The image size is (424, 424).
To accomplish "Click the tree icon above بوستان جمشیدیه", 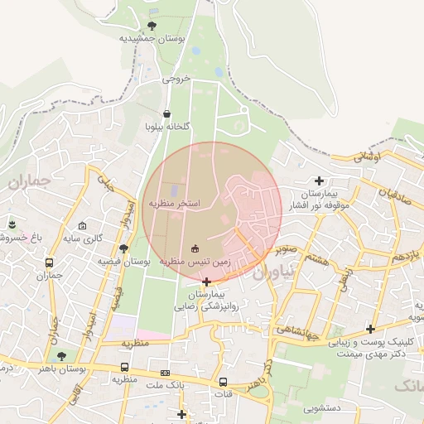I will pyautogui.click(x=151, y=26).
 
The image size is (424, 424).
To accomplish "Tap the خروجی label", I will pyautogui.click(x=176, y=79).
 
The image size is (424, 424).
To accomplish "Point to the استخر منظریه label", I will pyautogui.click(x=175, y=203).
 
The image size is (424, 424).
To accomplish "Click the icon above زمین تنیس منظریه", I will pyautogui.click(x=195, y=248).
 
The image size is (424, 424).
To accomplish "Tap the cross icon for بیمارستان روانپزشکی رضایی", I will pyautogui.click(x=206, y=282).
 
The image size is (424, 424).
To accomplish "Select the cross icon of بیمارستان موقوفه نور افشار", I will pyautogui.click(x=319, y=180).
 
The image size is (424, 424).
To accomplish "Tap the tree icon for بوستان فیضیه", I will pyautogui.click(x=123, y=248).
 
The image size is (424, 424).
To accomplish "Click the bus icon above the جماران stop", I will pyautogui.click(x=50, y=262).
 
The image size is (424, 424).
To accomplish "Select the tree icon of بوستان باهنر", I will pyautogui.click(x=61, y=356).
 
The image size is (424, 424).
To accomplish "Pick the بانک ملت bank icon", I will pyautogui.click(x=165, y=373).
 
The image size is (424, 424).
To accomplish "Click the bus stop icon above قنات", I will pyautogui.click(x=223, y=382).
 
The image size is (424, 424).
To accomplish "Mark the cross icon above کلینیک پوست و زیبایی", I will pyautogui.click(x=370, y=329).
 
